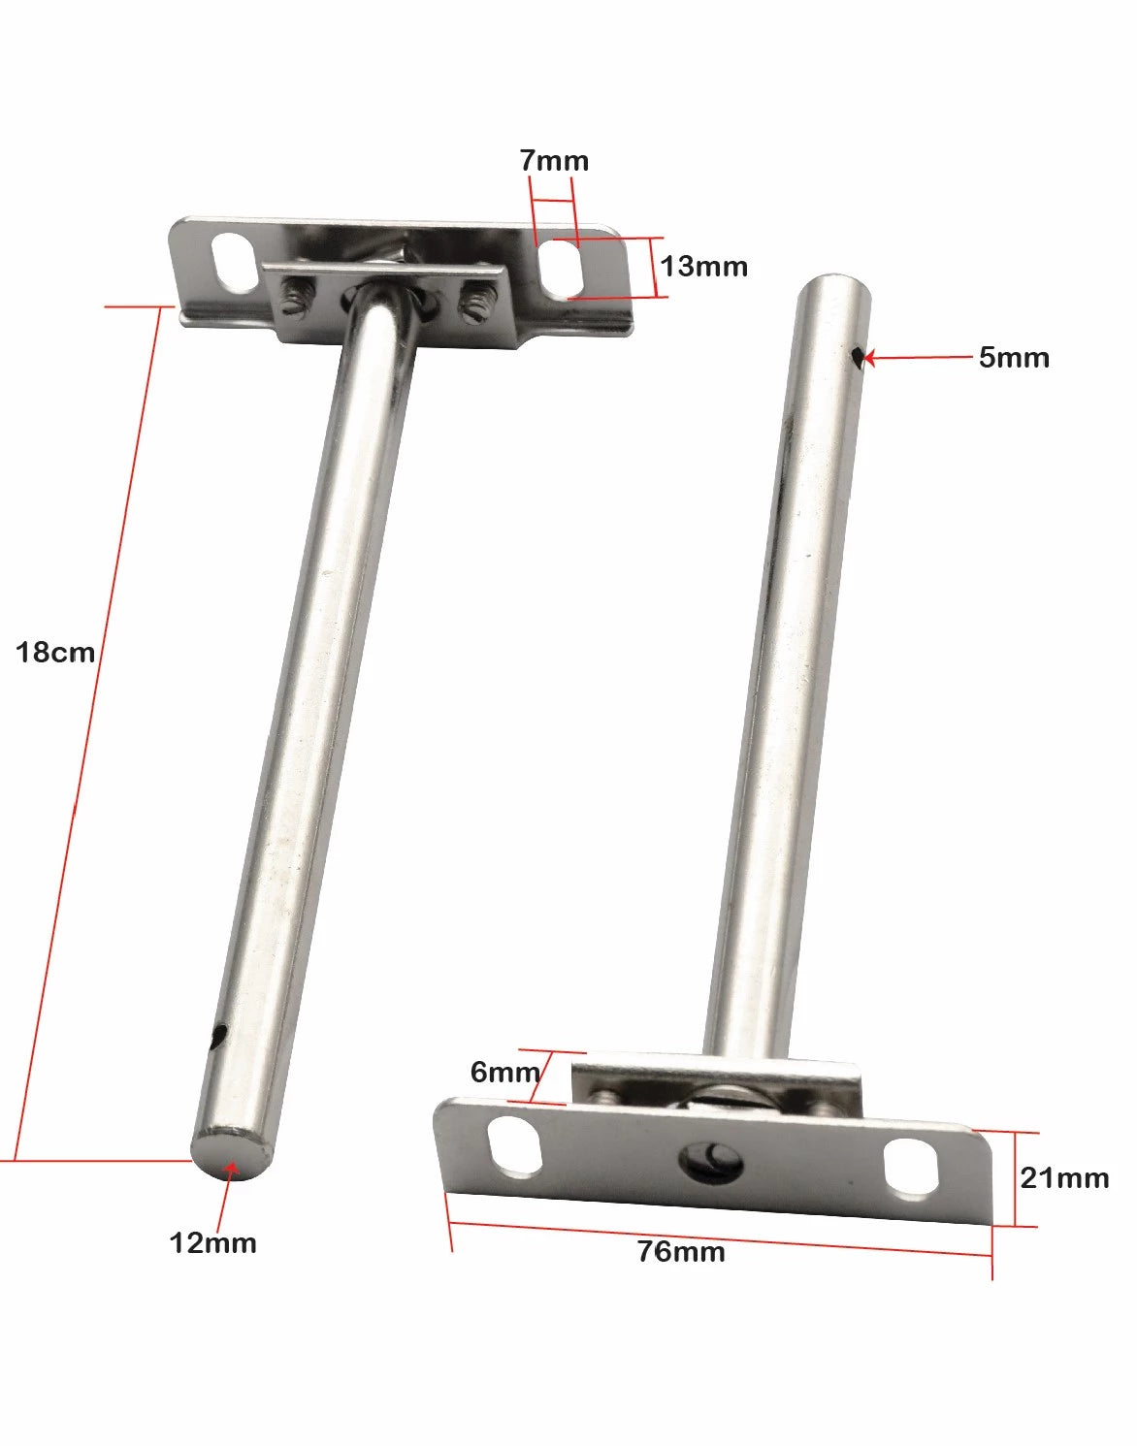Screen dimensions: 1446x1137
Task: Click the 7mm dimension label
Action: tap(554, 161)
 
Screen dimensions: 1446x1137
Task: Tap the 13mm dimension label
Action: tap(704, 267)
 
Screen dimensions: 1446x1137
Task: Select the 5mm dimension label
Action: tap(1014, 358)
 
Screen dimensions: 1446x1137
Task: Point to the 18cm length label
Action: tap(55, 653)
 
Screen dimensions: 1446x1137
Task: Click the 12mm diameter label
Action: tap(213, 1243)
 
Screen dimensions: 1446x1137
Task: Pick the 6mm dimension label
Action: tap(504, 1073)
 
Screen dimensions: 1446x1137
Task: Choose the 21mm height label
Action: tap(1064, 1178)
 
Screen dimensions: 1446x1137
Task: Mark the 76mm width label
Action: tap(681, 1252)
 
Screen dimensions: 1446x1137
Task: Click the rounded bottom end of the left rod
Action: tap(229, 1154)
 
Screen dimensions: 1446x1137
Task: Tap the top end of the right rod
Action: tap(835, 287)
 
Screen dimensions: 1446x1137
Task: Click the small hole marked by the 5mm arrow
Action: tap(857, 359)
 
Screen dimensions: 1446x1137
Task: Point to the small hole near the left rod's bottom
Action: tap(219, 1037)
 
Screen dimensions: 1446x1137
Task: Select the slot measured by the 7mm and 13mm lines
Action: tap(563, 268)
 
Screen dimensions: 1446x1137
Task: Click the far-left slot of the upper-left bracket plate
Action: tap(231, 259)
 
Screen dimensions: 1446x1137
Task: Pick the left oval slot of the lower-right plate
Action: tap(515, 1146)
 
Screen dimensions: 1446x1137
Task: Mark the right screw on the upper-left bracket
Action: tap(474, 302)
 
